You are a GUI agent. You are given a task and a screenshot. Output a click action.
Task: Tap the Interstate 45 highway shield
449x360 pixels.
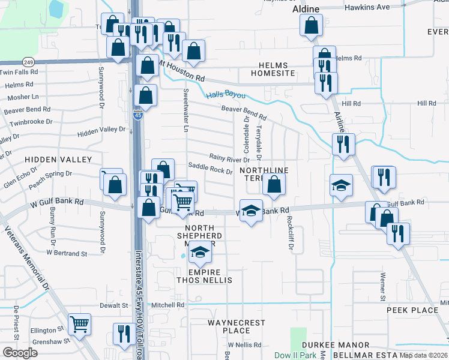(x=137, y=115)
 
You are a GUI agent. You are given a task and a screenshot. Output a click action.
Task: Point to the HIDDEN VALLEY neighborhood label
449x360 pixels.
(x=58, y=160)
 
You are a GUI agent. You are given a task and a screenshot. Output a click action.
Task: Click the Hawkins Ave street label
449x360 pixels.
(x=367, y=7)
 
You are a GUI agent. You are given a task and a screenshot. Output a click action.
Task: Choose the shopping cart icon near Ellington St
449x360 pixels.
(x=79, y=325)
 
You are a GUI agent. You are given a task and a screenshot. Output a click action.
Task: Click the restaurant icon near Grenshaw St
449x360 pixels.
(x=124, y=334)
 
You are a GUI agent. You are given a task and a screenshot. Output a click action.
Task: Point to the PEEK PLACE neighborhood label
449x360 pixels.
(x=412, y=310)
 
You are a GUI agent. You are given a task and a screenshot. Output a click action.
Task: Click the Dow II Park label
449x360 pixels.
(x=295, y=355)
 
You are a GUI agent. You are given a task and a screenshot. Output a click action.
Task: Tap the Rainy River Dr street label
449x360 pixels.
(x=229, y=159)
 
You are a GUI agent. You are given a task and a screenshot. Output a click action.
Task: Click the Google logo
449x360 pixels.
(x=20, y=353)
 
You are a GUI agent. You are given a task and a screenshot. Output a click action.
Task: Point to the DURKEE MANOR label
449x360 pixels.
(x=336, y=345)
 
